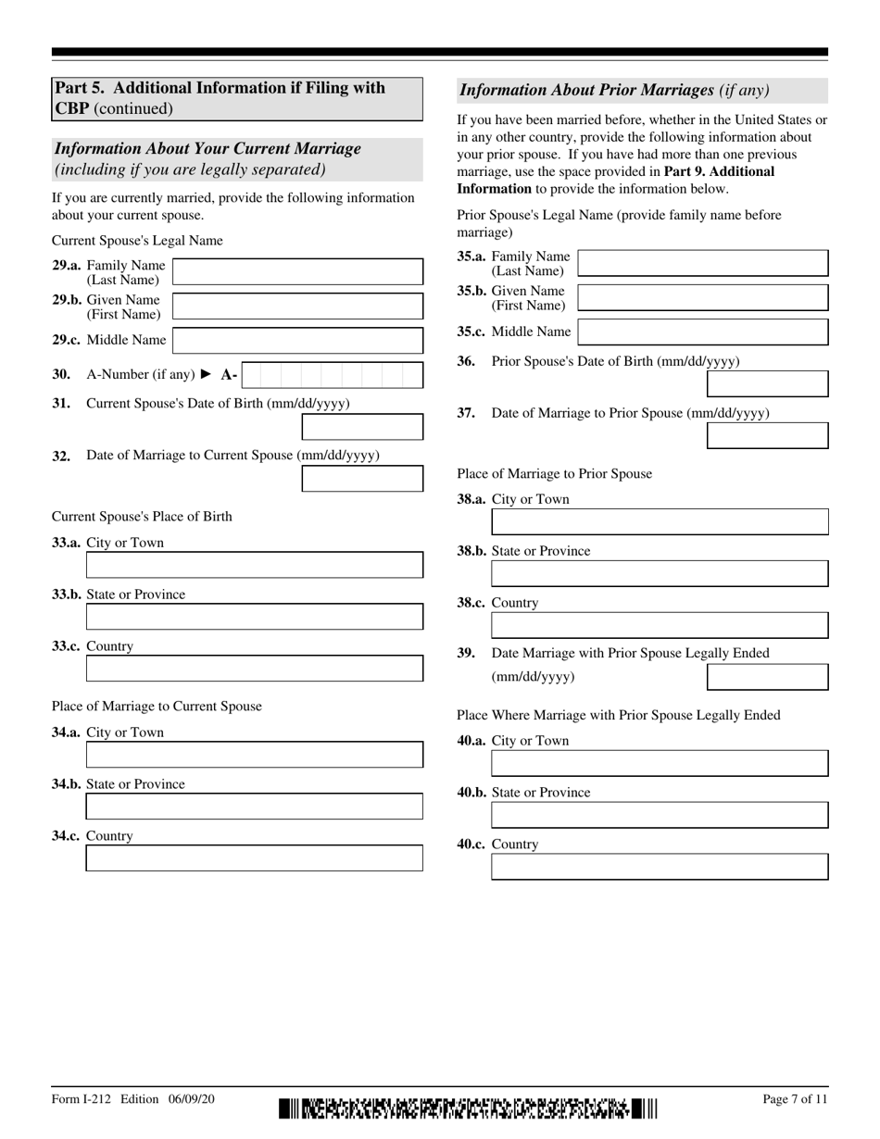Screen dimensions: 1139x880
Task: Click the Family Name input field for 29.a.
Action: (297, 272)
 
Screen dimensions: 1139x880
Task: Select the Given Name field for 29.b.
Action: (297, 307)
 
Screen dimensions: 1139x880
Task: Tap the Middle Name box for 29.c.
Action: (297, 341)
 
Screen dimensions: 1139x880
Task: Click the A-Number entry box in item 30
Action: (332, 375)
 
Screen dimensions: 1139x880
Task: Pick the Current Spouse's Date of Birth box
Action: (362, 427)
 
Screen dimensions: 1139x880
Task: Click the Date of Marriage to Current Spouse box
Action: (362, 479)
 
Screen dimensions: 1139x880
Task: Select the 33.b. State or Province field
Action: (254, 617)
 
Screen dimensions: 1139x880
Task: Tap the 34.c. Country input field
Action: (254, 858)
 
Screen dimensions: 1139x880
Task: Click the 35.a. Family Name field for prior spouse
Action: (702, 263)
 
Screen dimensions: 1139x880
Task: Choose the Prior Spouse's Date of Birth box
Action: (767, 383)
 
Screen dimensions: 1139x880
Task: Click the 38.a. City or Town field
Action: (660, 522)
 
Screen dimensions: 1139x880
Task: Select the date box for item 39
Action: (767, 677)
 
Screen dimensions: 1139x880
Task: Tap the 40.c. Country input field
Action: (660, 867)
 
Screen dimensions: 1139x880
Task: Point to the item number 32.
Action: (61, 456)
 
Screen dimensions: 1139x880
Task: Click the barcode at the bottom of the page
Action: (468, 1108)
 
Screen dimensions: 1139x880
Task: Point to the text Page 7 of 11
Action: (795, 1099)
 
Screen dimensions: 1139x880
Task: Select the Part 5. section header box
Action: (237, 98)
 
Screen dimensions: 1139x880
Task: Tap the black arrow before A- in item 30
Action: (207, 375)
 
